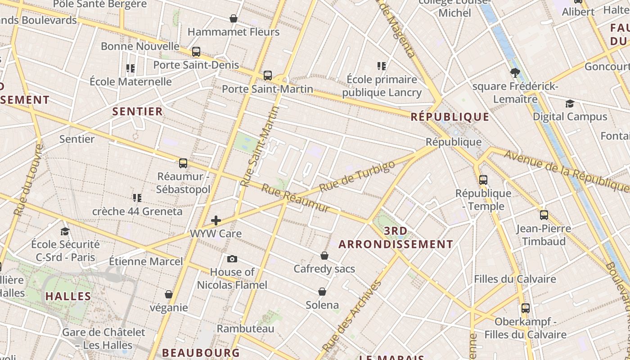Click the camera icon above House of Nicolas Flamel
coord(232,259)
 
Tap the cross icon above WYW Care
coord(216,220)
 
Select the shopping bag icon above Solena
coord(322,292)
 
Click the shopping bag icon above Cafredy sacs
coord(324,256)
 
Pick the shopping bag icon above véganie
coord(169,294)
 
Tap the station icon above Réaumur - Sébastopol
coord(183,163)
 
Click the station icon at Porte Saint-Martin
coord(268,75)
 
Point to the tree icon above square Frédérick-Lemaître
coord(515,72)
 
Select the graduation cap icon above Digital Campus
coord(570,104)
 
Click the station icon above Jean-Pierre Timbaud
coord(544,215)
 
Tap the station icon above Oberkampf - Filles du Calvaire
coord(526,308)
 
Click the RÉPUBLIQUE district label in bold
coord(450,117)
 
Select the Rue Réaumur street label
coord(295,198)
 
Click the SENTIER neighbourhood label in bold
coord(137,112)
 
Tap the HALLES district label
coord(68,296)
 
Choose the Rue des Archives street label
coord(352,316)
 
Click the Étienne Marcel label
coord(146,261)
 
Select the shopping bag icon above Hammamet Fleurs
coord(234,18)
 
